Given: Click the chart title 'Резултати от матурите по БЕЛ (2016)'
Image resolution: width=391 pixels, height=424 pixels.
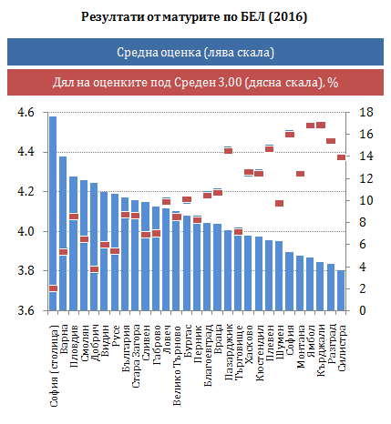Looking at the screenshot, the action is coord(194,16).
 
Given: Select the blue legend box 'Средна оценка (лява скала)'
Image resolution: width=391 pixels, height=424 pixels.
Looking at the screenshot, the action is coord(195,52).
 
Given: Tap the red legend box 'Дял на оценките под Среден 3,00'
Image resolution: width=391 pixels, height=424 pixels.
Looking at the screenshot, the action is coord(195,82).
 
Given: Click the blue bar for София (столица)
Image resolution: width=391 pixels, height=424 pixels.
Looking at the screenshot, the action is coord(53,213).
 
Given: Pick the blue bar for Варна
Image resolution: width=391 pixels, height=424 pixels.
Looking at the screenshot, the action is coord(63,234).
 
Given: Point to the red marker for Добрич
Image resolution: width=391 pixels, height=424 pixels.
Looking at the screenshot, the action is coord(95,269).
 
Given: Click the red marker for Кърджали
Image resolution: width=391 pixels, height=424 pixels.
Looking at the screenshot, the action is coord(321,125).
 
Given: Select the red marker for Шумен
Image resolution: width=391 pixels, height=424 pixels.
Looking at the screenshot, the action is coord(280,203).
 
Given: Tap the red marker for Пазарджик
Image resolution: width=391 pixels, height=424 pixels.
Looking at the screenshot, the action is coord(228,151).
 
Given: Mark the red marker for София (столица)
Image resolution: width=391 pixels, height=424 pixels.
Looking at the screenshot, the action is coord(53,288).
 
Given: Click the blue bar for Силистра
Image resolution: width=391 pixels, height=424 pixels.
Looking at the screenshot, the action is coord(341,290).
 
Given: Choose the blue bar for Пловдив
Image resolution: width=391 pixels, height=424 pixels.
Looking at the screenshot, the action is coord(74,244).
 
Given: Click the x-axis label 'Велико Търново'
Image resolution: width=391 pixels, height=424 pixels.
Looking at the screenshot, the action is coord(177,366).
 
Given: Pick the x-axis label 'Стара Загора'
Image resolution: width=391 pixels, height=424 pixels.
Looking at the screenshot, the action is coord(136,356).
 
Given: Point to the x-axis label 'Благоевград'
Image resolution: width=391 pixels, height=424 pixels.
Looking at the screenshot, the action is coord(208,355).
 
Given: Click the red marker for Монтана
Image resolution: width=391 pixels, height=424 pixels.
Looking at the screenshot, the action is coord(300,174).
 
